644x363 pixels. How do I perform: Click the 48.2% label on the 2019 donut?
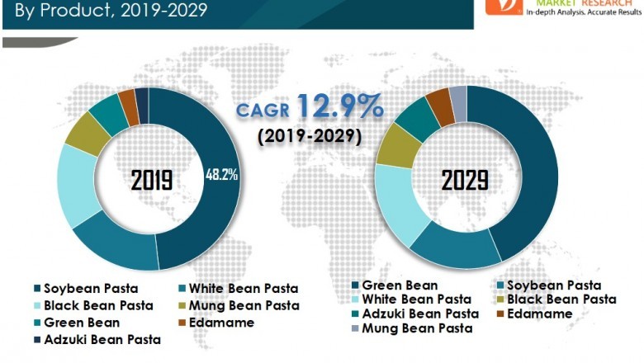(221, 174)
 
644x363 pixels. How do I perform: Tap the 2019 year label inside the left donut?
(151, 181)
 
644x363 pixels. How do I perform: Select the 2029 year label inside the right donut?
(464, 179)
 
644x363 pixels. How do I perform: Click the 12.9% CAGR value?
(340, 106)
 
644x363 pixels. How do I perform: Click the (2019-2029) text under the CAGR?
(309, 136)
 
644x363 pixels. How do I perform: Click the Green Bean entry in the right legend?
(400, 286)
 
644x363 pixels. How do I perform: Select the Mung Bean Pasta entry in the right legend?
(418, 328)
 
